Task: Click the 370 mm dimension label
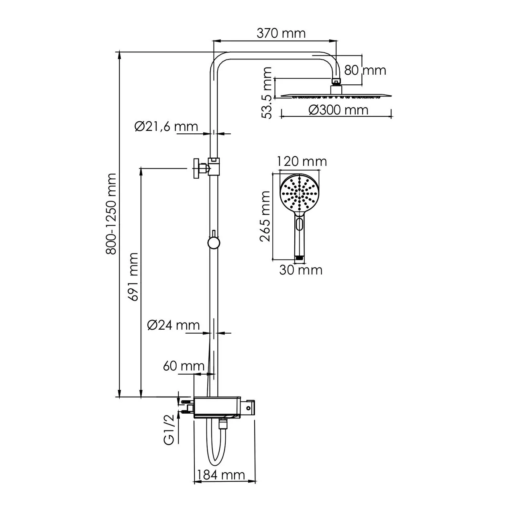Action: (281, 33)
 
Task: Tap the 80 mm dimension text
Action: (365, 70)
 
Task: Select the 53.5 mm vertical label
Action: (267, 93)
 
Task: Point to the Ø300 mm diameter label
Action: (339, 110)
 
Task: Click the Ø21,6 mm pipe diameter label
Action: (166, 126)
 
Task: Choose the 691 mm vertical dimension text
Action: (133, 277)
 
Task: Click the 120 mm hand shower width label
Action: (302, 161)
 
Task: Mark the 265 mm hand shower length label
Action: (265, 216)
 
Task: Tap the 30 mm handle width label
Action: (301, 270)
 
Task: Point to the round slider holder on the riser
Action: (213, 243)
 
